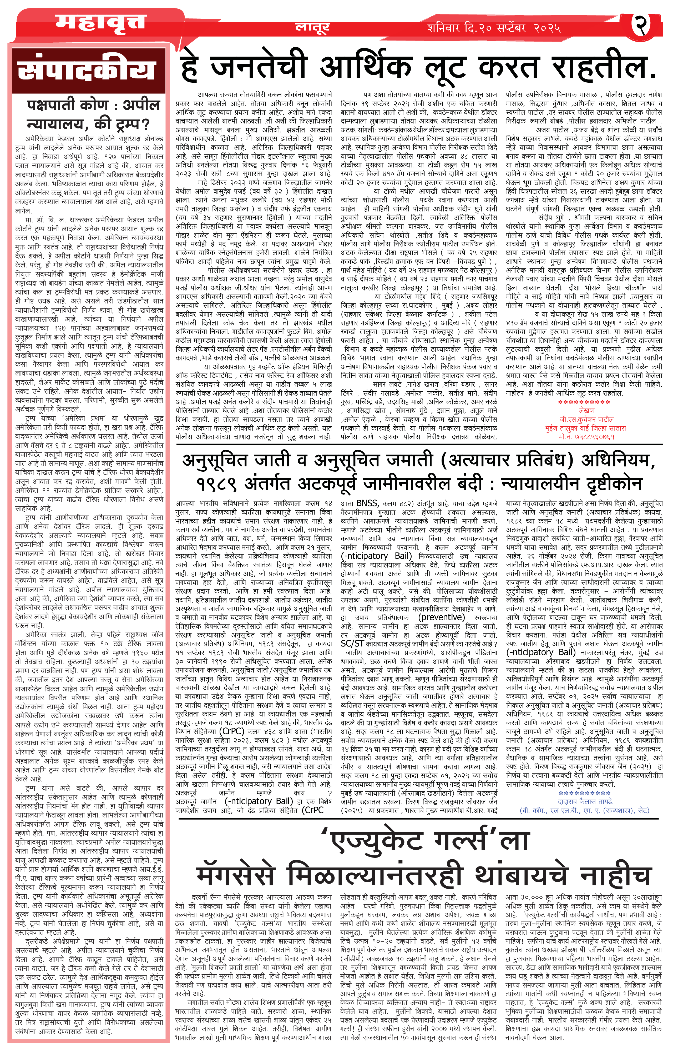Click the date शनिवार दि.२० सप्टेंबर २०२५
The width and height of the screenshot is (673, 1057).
(x=494, y=28)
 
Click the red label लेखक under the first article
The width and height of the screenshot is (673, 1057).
(x=586, y=410)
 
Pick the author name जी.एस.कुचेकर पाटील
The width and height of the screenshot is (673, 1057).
(x=586, y=419)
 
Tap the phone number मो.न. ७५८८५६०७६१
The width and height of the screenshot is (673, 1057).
(x=586, y=437)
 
